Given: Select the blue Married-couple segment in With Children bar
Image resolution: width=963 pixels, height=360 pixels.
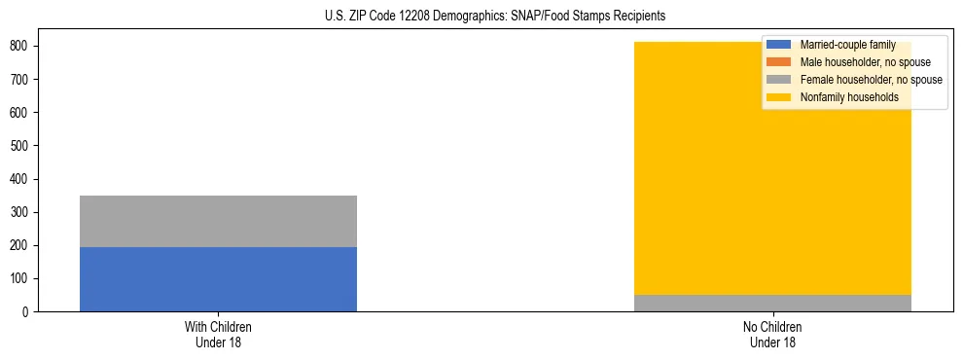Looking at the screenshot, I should (218, 279).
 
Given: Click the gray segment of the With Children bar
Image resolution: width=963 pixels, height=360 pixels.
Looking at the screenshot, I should (218, 221).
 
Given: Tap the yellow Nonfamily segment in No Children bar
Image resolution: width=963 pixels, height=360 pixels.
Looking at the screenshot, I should (772, 175).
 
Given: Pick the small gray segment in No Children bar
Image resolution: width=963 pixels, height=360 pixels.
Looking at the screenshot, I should (772, 303).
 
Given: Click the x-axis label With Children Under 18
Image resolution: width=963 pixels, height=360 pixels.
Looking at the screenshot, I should (218, 334).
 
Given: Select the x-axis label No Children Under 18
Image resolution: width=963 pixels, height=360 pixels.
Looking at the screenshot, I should (772, 334).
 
